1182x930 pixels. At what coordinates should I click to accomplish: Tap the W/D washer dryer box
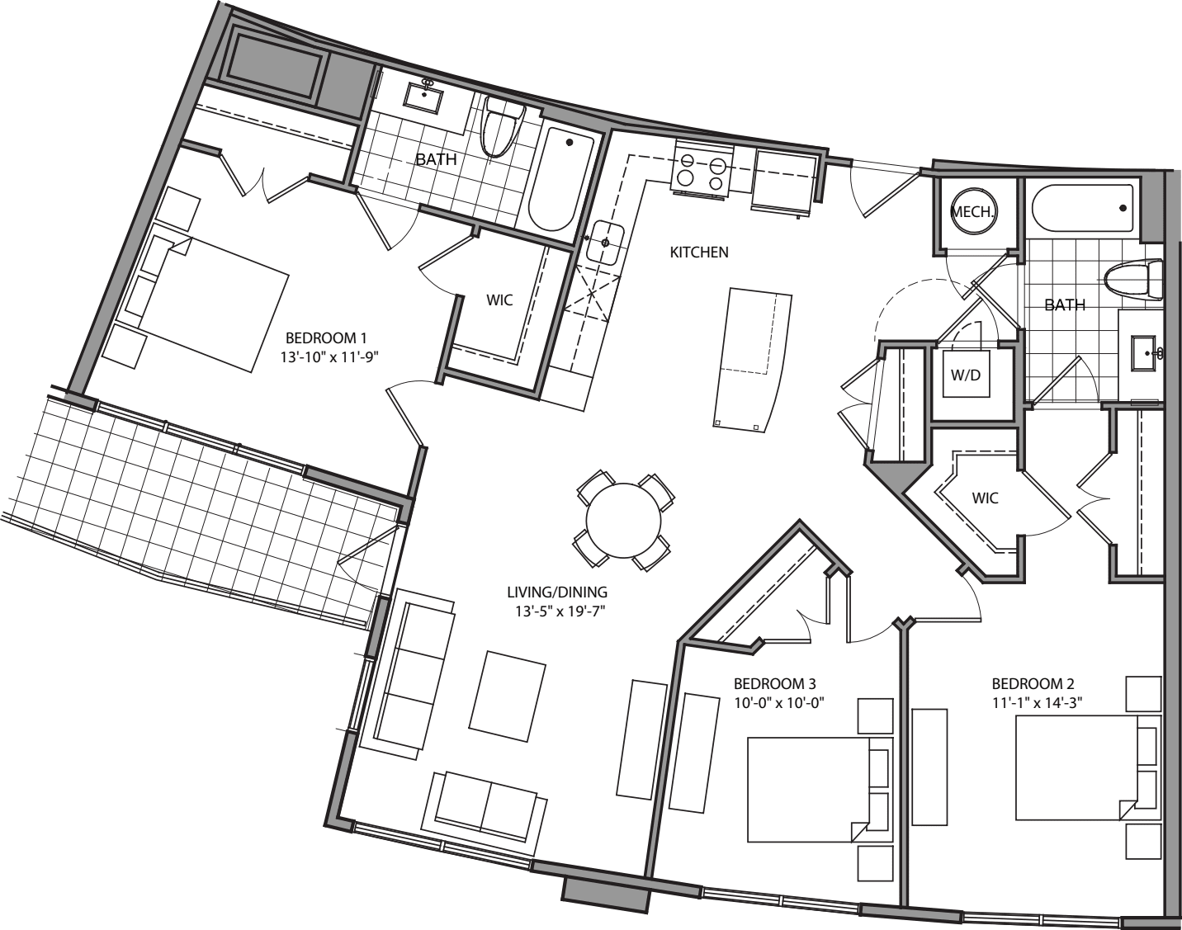click(x=966, y=375)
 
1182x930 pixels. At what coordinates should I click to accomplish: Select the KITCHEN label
click(x=698, y=253)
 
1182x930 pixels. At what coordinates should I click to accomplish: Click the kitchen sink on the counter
click(x=604, y=243)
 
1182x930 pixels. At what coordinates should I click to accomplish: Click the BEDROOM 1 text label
click(x=325, y=338)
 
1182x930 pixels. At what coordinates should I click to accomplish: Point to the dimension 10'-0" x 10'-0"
click(x=780, y=702)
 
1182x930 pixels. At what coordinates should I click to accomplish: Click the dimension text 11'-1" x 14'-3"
click(x=1038, y=702)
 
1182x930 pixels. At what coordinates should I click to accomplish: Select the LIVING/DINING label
click(x=557, y=592)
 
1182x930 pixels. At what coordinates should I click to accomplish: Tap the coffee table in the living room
click(x=507, y=696)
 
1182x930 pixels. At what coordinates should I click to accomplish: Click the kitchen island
click(x=752, y=358)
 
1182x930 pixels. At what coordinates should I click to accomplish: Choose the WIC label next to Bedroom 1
click(x=499, y=300)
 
